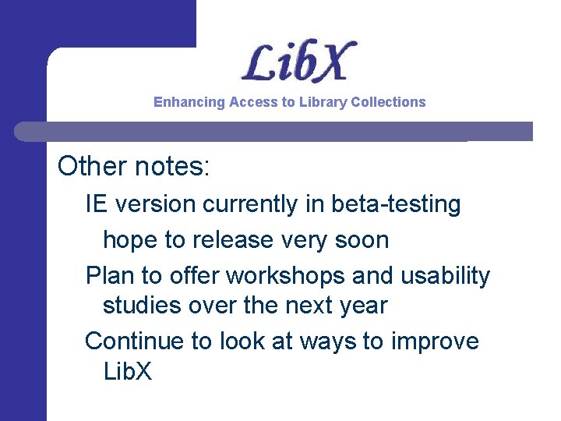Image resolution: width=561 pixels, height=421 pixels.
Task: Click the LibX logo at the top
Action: click(298, 62)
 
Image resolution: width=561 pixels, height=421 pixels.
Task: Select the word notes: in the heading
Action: click(173, 165)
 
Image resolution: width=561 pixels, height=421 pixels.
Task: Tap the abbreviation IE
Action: click(96, 204)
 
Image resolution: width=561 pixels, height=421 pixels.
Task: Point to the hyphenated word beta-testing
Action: click(396, 204)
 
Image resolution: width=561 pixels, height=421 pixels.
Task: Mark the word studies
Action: click(143, 306)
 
